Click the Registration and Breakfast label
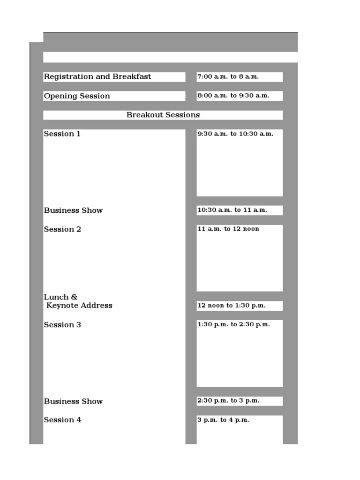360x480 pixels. coord(97,77)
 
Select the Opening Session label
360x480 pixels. coord(77,96)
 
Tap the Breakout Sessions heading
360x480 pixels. coord(163,115)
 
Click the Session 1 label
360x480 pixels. coord(62,134)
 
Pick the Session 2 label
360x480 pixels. coord(62,230)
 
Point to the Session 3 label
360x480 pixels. coord(62,325)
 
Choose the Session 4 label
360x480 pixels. coord(62,420)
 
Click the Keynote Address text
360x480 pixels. coord(79,306)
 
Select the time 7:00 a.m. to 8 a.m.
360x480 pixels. coord(228,77)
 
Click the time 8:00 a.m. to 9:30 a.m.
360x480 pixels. coord(233,96)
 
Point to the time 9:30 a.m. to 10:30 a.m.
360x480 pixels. coord(235,134)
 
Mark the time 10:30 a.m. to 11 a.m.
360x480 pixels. coord(232,210)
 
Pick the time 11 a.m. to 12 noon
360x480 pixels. coord(228,229)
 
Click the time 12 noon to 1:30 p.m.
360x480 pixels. coord(232,306)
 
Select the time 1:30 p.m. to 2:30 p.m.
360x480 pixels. coord(234,324)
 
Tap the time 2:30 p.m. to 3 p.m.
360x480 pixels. coord(229,401)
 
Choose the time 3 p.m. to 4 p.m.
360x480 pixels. coord(224,420)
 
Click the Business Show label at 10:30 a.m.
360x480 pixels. coord(73,210)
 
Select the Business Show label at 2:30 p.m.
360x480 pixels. coord(73,401)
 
